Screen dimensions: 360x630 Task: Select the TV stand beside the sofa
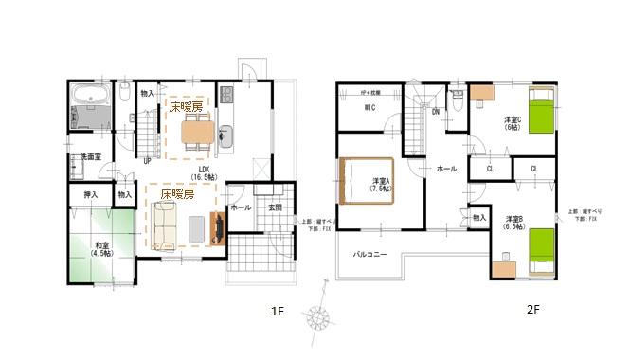219,228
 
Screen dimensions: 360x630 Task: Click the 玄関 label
275,207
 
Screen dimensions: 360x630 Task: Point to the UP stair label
147,161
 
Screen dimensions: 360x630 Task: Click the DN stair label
436,112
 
